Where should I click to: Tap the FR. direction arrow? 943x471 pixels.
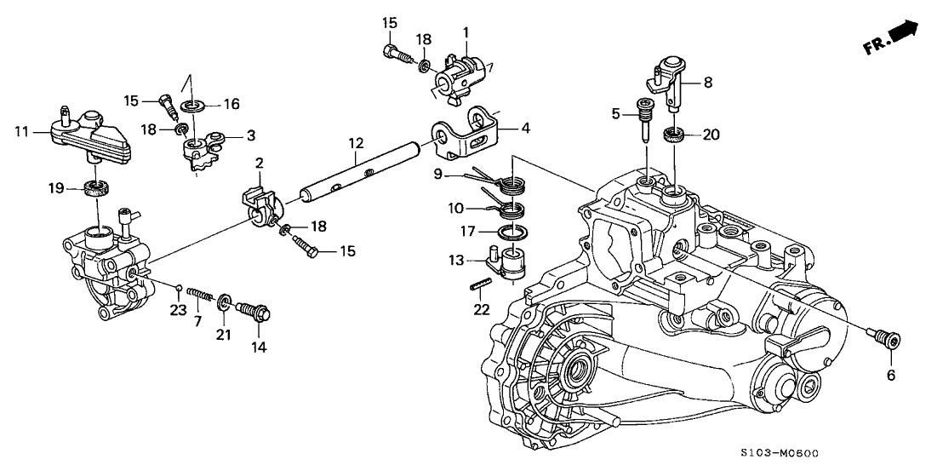pyautogui.click(x=894, y=37)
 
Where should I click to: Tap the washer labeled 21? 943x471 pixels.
pyautogui.click(x=225, y=302)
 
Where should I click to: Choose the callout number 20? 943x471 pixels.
pyautogui.click(x=712, y=134)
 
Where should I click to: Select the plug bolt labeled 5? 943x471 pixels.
pyautogui.click(x=646, y=118)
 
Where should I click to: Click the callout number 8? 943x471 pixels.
pyautogui.click(x=706, y=83)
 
